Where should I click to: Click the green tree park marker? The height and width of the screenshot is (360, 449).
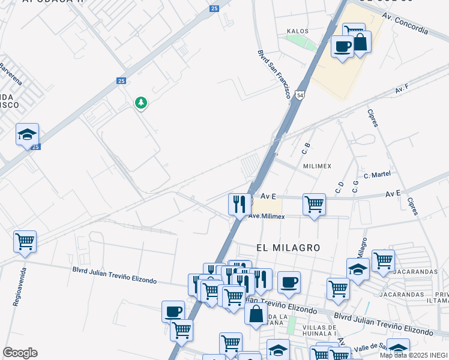pos(141,103)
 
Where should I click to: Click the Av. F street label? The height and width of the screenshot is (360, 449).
pos(402,89)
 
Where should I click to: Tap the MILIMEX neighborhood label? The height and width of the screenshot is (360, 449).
pos(318,166)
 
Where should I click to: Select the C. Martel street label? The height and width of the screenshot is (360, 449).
pos(377,175)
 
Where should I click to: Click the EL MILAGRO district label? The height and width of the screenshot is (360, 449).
pos(288,247)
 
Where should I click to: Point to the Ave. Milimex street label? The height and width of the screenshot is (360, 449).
pos(267,216)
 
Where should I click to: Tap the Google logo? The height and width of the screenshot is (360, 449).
pos(20,353)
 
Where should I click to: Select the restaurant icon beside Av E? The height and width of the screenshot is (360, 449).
pos(239,203)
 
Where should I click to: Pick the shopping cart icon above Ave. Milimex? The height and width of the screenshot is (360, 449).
pos(314,204)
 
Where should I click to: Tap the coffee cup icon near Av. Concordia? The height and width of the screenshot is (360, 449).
pos(342,46)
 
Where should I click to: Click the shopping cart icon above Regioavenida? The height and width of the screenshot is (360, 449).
pos(25,241)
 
